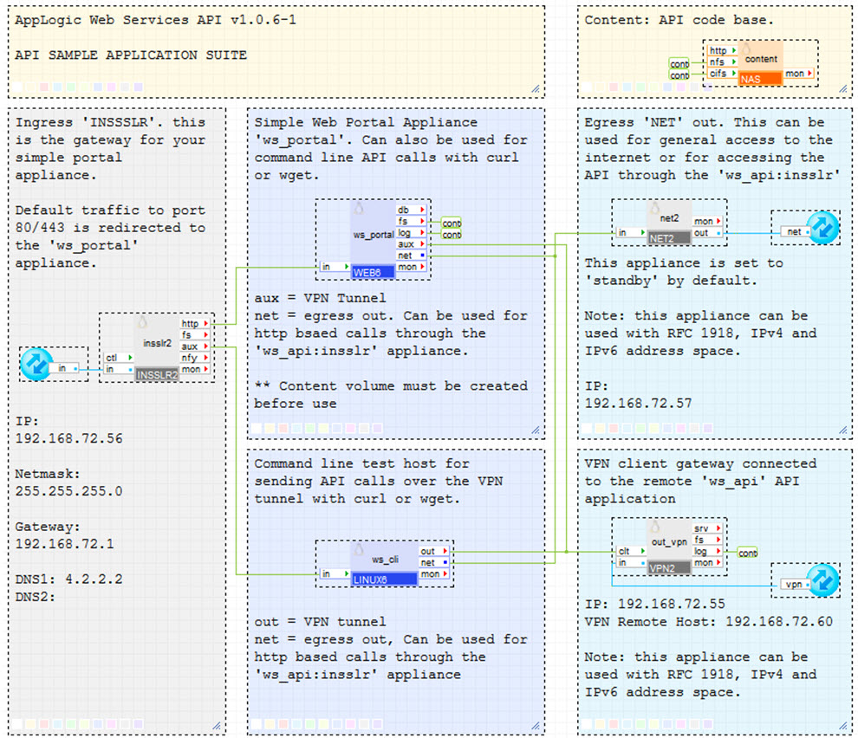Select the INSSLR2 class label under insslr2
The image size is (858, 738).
pyautogui.click(x=156, y=375)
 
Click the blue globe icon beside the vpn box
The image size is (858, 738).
pyautogui.click(x=823, y=581)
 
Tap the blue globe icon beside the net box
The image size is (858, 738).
pyautogui.click(x=822, y=228)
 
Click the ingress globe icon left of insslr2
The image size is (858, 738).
pyautogui.click(x=36, y=364)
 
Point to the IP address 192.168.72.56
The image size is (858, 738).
pyautogui.click(x=69, y=438)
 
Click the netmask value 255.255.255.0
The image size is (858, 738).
pyautogui.click(x=69, y=491)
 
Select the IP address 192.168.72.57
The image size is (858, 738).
pyautogui.click(x=639, y=404)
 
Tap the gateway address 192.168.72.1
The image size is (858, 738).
pyautogui.click(x=65, y=544)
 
